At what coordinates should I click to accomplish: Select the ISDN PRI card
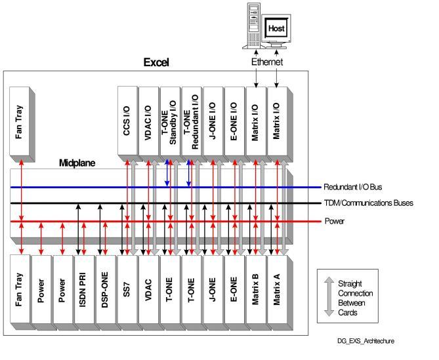pyautogui.click(x=84, y=289)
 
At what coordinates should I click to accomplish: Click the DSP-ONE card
pyautogui.click(x=105, y=289)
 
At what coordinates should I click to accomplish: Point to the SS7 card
pyautogui.click(x=127, y=289)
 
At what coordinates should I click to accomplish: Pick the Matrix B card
pyautogui.click(x=255, y=289)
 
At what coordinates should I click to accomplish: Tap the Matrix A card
pyautogui.click(x=276, y=289)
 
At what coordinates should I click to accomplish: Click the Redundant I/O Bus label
pyautogui.click(x=349, y=188)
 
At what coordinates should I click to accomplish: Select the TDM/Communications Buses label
pyautogui.click(x=369, y=203)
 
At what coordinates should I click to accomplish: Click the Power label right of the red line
pyautogui.click(x=334, y=221)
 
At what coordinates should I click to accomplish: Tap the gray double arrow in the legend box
pyautogui.click(x=329, y=296)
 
